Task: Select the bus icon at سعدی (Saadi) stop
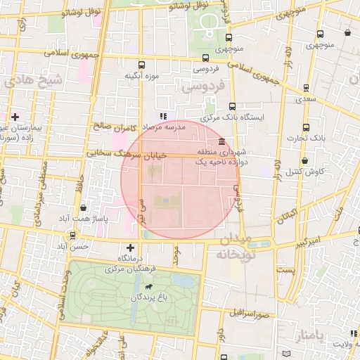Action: pos(306,88)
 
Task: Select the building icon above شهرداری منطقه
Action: pos(221,141)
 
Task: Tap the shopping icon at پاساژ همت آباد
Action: pos(84,208)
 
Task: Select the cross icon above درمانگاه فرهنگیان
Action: pos(130,247)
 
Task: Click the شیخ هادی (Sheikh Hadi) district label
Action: pos(33,81)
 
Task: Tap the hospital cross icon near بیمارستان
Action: pos(15,117)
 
